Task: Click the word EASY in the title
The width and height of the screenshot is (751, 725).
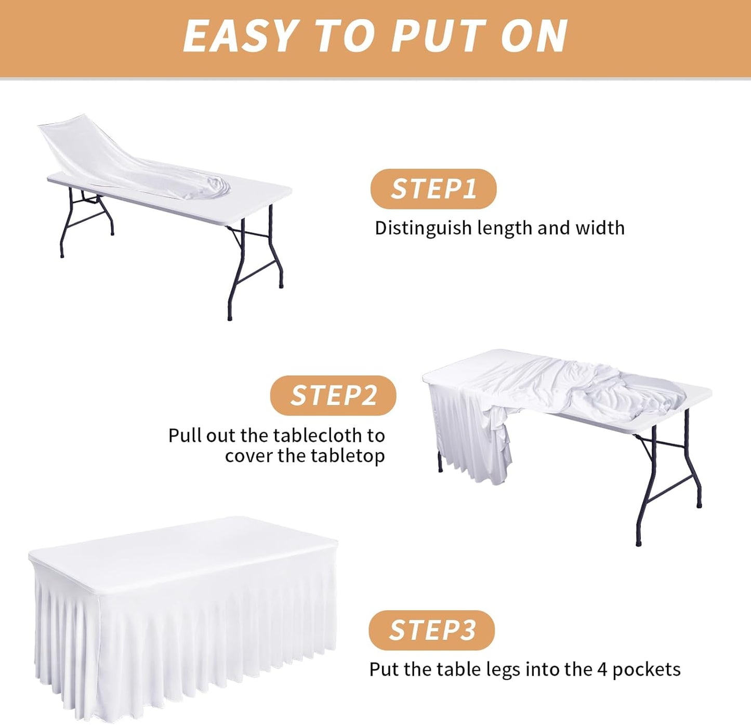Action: pyautogui.click(x=241, y=35)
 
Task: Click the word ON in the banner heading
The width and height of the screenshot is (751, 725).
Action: pyautogui.click(x=534, y=35)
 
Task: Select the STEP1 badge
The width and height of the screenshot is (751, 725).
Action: pyautogui.click(x=433, y=189)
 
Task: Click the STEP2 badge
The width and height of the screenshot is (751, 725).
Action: pyautogui.click(x=333, y=395)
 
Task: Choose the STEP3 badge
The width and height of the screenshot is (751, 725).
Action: pyautogui.click(x=432, y=630)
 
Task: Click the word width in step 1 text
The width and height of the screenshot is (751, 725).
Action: pyautogui.click(x=600, y=228)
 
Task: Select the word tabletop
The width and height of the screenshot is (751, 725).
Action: pyautogui.click(x=348, y=456)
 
